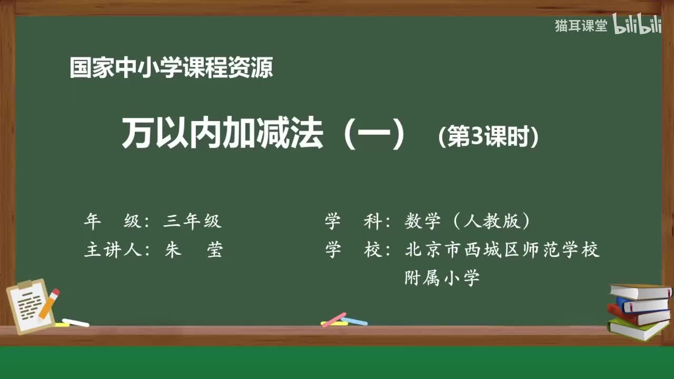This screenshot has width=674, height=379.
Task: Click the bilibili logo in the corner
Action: click(637, 25)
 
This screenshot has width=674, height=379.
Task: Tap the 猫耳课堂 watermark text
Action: click(581, 26)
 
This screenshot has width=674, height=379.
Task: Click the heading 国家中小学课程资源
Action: click(171, 68)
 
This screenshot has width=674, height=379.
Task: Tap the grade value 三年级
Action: click(192, 222)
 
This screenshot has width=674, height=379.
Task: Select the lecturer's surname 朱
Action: click(173, 250)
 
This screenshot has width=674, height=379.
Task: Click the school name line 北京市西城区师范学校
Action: click(502, 250)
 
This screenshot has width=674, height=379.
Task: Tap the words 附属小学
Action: click(442, 277)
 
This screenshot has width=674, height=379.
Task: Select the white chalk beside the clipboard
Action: click(75, 322)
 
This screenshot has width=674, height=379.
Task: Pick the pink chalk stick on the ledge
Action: click(334, 320)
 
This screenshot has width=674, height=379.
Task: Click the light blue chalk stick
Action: click(354, 321)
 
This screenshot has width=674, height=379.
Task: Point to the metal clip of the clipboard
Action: click(25, 285)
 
